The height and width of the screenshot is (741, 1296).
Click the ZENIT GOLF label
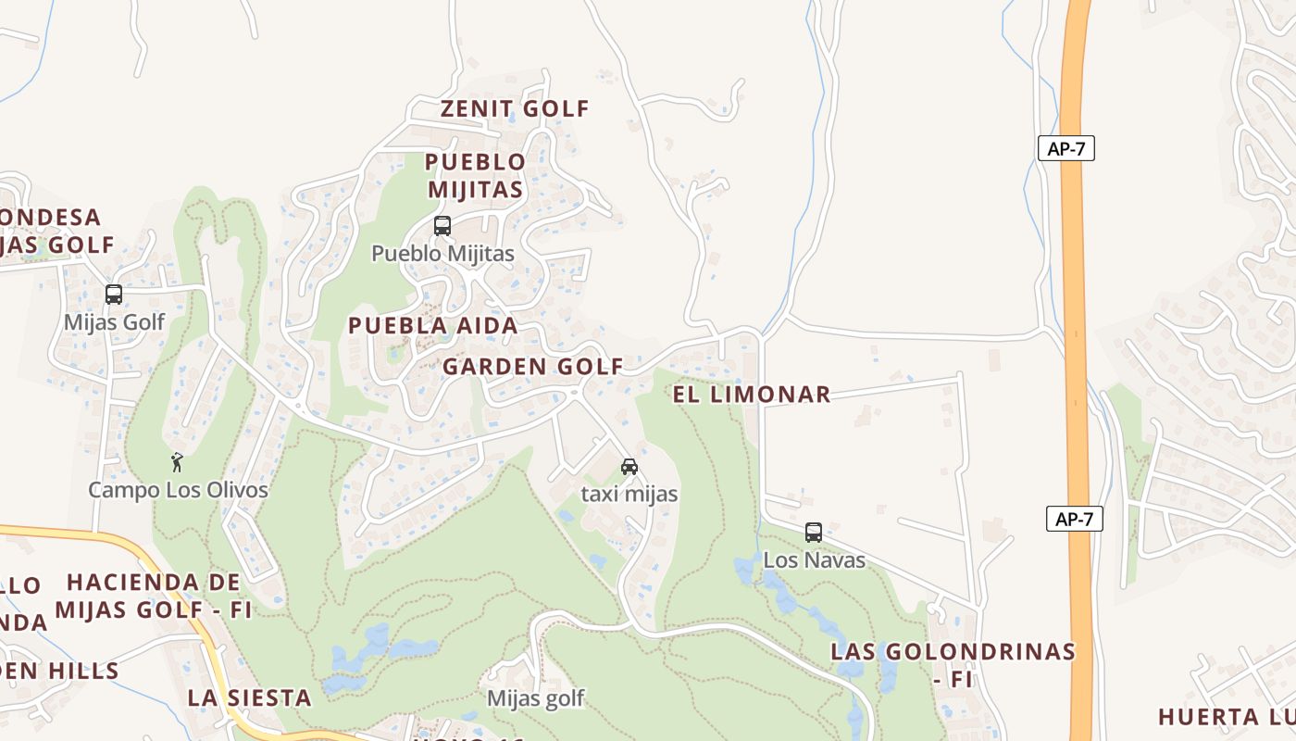click(x=515, y=108)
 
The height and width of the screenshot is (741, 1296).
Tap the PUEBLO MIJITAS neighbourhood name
click(x=474, y=176)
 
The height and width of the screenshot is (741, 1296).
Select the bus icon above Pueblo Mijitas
click(x=442, y=225)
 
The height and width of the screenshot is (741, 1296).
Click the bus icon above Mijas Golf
click(x=114, y=295)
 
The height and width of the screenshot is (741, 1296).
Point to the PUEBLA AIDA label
click(x=432, y=326)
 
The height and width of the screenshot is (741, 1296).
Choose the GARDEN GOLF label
click(x=532, y=367)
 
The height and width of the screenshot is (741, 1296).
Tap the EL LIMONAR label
click(x=751, y=395)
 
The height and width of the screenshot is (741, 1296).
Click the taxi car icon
click(x=629, y=466)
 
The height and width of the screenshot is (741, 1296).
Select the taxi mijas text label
click(x=629, y=495)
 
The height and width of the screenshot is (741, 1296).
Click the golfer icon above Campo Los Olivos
click(x=177, y=461)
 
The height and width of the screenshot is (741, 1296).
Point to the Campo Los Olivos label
click(x=178, y=490)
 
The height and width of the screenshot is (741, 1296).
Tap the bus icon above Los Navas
click(x=814, y=533)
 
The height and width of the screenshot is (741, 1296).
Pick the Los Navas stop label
click(x=814, y=560)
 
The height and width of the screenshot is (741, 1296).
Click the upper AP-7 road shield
click(x=1065, y=148)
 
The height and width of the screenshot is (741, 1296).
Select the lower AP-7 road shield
click(x=1074, y=519)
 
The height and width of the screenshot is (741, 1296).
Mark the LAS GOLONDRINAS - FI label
click(x=953, y=664)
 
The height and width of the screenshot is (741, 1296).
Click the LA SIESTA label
click(x=249, y=697)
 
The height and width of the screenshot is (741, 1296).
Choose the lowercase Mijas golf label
click(x=535, y=698)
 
